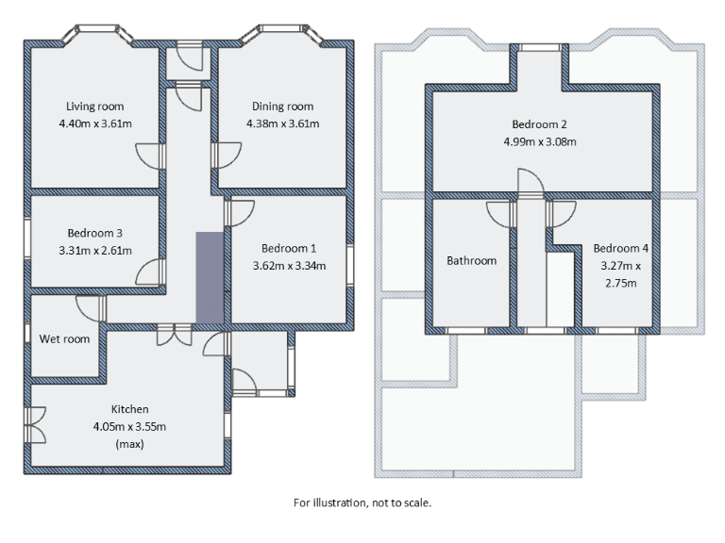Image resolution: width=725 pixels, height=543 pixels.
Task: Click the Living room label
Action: [x=94, y=107]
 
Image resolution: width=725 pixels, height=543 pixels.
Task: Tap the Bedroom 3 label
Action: [x=94, y=233]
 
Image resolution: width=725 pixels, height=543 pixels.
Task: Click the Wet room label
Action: [x=64, y=338]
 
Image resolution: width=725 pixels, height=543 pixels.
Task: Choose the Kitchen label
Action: [x=129, y=409]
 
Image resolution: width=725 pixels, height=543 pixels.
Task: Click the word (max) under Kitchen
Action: [x=129, y=444]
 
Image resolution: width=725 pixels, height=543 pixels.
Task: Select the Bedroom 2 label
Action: [x=539, y=124]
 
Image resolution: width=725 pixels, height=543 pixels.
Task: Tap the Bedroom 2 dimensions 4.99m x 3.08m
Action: [x=539, y=142]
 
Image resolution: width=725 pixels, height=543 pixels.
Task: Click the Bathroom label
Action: [x=471, y=260]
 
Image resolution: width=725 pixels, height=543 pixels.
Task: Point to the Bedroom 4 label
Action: [x=620, y=249]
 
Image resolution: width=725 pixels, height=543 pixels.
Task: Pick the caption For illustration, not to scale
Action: [x=362, y=502]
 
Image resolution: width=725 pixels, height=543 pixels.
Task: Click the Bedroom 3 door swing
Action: [x=149, y=273]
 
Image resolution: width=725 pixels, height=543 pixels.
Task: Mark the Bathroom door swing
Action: [x=499, y=215]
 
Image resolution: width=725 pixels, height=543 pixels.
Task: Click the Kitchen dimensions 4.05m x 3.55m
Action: [x=129, y=426]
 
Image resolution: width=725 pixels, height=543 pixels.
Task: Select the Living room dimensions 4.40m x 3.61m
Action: [x=94, y=123]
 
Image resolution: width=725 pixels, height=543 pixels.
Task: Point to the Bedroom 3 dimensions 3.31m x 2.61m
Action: [x=94, y=250]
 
